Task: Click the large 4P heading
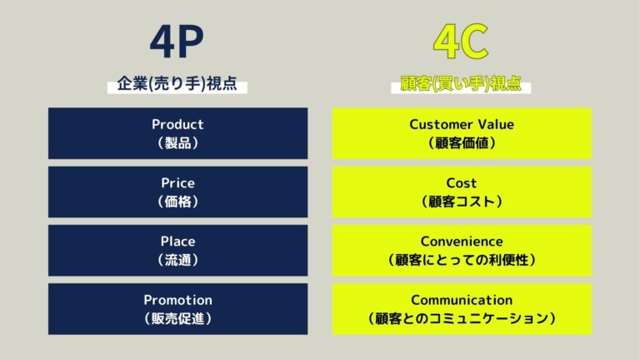[x=177, y=42]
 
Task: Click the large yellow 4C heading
[x=462, y=42]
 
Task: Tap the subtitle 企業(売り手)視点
[x=177, y=85]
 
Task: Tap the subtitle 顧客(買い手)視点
[x=462, y=85]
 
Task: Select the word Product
[x=177, y=124]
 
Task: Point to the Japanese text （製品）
[x=177, y=142]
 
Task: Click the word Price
[x=177, y=182]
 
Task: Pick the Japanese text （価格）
[x=177, y=201]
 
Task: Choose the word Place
[x=177, y=241]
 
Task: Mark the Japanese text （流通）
[x=177, y=259]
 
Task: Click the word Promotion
[x=177, y=299]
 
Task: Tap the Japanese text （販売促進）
[x=177, y=317]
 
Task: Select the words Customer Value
[x=462, y=124]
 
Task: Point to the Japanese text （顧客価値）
[x=462, y=142]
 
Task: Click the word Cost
[x=462, y=182]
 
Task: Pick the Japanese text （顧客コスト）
[x=462, y=201]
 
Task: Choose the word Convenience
[x=462, y=241]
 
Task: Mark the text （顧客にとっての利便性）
[x=462, y=259]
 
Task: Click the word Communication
[x=462, y=299]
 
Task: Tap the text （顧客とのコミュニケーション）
[x=462, y=317]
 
